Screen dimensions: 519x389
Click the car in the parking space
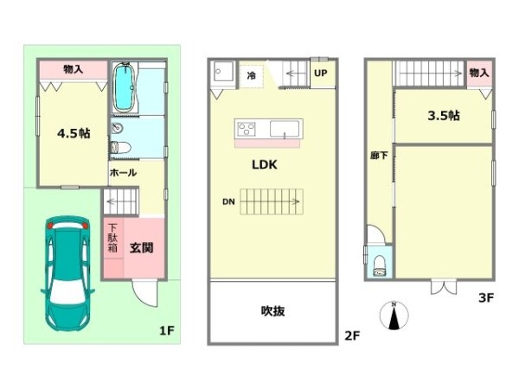[67, 273]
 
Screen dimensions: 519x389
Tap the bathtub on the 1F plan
[125, 87]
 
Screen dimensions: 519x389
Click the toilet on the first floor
[120, 148]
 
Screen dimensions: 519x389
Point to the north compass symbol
[394, 316]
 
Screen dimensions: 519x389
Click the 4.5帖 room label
[74, 133]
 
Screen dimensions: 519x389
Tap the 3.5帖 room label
[444, 116]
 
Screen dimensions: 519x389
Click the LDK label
[265, 164]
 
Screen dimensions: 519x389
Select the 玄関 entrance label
[141, 247]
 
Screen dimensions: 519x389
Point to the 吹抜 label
[272, 311]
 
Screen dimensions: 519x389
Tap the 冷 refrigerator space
[251, 76]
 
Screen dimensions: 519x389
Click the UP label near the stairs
[320, 73]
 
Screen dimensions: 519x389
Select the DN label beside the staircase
[228, 201]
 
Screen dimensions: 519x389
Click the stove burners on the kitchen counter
[247, 129]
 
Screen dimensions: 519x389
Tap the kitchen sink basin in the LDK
[285, 129]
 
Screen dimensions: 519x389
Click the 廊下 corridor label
[379, 155]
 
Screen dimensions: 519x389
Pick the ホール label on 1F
[123, 172]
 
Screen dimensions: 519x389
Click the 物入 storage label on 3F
[479, 73]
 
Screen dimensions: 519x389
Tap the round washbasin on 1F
[117, 128]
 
